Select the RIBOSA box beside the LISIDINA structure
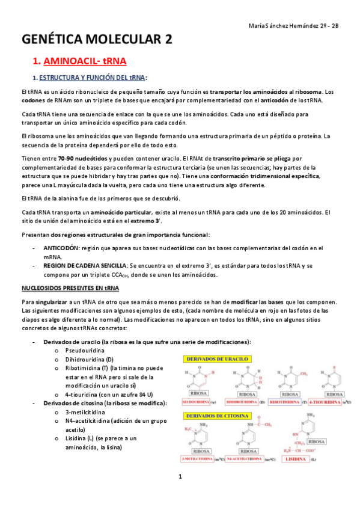point(316,441)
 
